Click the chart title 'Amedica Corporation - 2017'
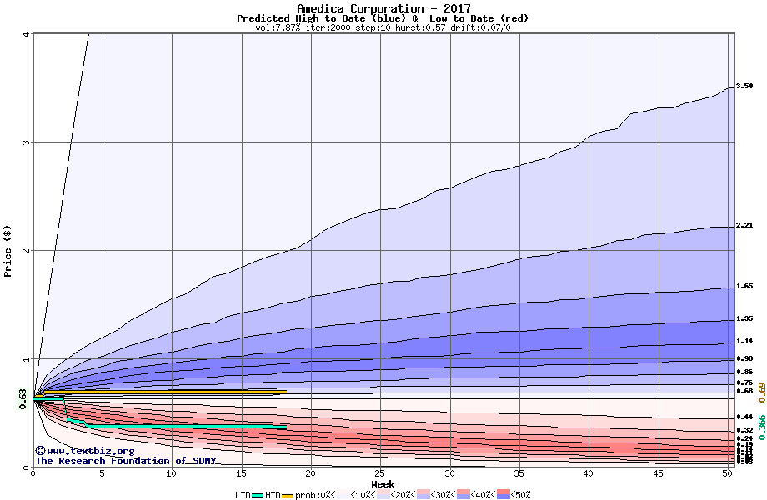tap(383, 8)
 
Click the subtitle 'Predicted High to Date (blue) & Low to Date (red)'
tap(383, 18)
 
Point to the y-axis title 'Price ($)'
tap(8, 250)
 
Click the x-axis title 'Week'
tap(383, 484)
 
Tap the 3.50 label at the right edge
tap(744, 86)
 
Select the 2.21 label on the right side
tap(744, 226)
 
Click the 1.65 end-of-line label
tap(744, 287)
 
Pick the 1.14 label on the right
tap(744, 342)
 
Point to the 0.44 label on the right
tap(744, 417)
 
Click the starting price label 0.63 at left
tap(23, 399)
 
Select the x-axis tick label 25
tap(380, 473)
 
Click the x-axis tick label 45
tap(658, 473)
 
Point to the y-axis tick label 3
tap(27, 142)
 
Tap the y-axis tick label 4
tap(27, 34)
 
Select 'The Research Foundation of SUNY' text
tap(125, 461)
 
